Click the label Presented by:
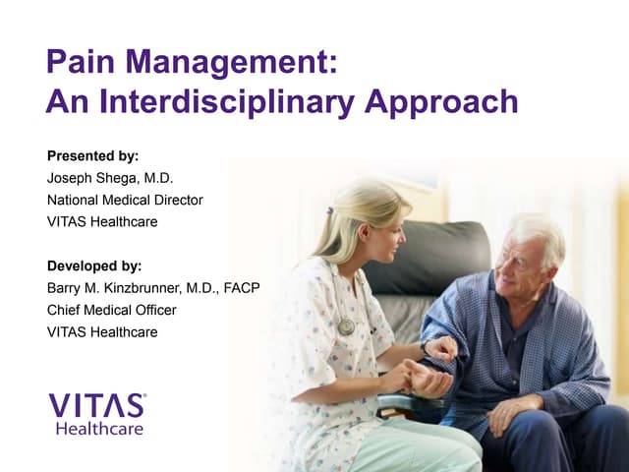tap(92, 155)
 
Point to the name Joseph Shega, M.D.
tap(110, 178)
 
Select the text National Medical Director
tap(125, 200)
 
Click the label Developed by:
tap(94, 265)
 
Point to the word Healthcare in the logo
tap(99, 429)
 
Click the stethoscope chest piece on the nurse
tap(346, 325)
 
